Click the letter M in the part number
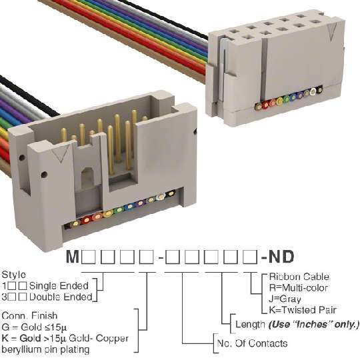[73, 257]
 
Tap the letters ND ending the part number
[281, 257]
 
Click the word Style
[14, 275]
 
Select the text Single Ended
[59, 286]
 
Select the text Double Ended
[61, 297]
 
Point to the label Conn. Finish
[29, 316]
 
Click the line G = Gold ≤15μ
[34, 327]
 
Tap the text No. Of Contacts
[252, 343]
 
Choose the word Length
[251, 325]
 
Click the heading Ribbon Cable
[299, 277]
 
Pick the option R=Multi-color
[298, 288]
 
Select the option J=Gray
[285, 299]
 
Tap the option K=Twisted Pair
[303, 310]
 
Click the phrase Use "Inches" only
[313, 325]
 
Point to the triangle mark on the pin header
[61, 154]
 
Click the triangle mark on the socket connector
[332, 32]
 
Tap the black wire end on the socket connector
[319, 91]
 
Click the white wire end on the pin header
[161, 197]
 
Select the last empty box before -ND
[251, 257]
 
